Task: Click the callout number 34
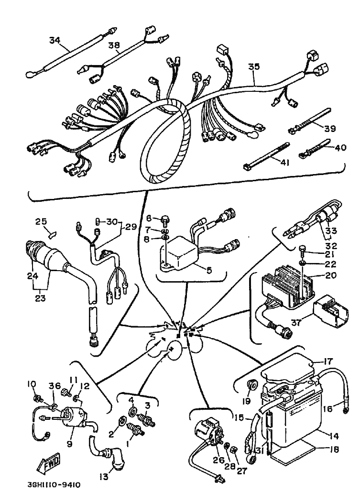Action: pyautogui.click(x=55, y=40)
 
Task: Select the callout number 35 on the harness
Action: pyautogui.click(x=253, y=67)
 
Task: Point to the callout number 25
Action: pyautogui.click(x=41, y=221)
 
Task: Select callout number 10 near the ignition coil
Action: pyautogui.click(x=32, y=384)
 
